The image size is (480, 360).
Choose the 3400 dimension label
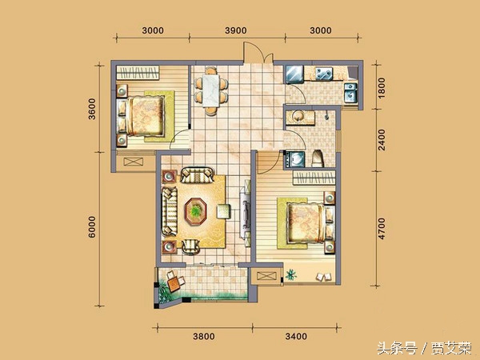pos(296,337)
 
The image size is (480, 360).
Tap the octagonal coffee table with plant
pos(197,211)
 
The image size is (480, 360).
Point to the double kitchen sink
pos(325,74)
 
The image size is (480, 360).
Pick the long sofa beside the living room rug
pos(170,210)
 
